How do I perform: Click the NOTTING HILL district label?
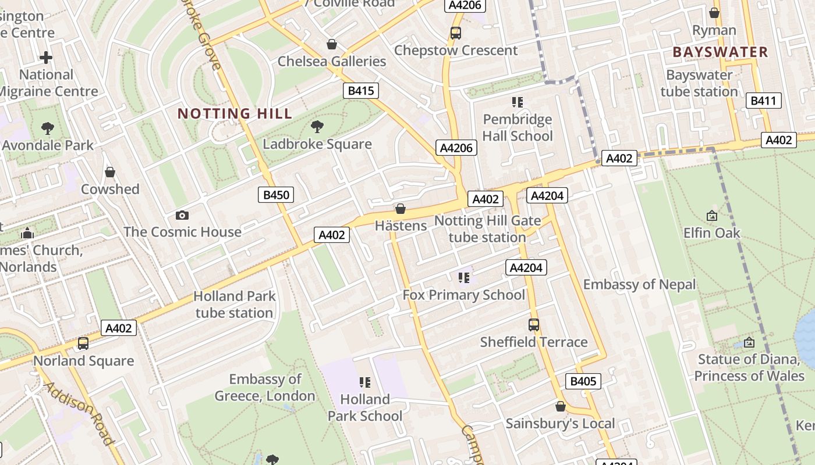pyautogui.click(x=235, y=113)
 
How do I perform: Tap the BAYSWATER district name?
pyautogui.click(x=720, y=52)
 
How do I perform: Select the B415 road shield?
pyautogui.click(x=361, y=91)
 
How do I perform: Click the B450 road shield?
pyautogui.click(x=276, y=195)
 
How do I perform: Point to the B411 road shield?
pyautogui.click(x=763, y=101)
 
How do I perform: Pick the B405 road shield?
pyautogui.click(x=583, y=381)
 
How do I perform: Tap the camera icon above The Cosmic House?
pyautogui.click(x=182, y=215)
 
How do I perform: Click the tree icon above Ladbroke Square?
pyautogui.click(x=317, y=126)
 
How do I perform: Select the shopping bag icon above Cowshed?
pyautogui.click(x=110, y=172)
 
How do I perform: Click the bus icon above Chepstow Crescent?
pyautogui.click(x=455, y=33)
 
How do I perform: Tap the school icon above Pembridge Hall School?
pyautogui.click(x=517, y=102)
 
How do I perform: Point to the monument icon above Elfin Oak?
pyautogui.click(x=711, y=216)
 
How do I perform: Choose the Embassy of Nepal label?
pyautogui.click(x=639, y=284)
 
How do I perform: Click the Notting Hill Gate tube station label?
pyautogui.click(x=487, y=229)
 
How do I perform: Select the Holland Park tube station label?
pyautogui.click(x=234, y=304)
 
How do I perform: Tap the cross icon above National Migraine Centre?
pyautogui.click(x=46, y=58)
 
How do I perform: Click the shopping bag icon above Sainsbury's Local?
pyautogui.click(x=560, y=406)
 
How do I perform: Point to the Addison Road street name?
pyautogui.click(x=79, y=413)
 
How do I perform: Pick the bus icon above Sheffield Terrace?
pyautogui.click(x=534, y=325)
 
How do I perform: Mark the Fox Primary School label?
pyautogui.click(x=464, y=295)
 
